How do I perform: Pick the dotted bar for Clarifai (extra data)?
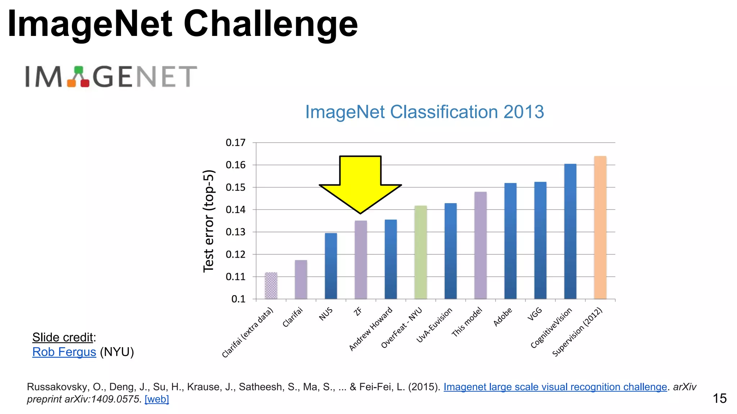[x=271, y=286]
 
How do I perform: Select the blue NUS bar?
[x=331, y=266]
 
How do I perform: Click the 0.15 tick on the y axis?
[x=235, y=188]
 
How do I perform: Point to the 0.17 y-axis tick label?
[x=235, y=143]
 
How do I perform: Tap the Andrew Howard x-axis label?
[x=371, y=329]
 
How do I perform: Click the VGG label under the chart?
[x=534, y=314]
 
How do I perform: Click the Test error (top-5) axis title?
[x=209, y=221]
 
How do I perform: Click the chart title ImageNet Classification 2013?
[x=424, y=112]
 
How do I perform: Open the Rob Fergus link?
[x=64, y=352]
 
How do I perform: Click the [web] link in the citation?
[x=157, y=399]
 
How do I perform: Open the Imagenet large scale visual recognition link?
[x=555, y=387]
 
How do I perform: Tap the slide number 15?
[x=719, y=398]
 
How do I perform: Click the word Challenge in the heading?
[x=271, y=24]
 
